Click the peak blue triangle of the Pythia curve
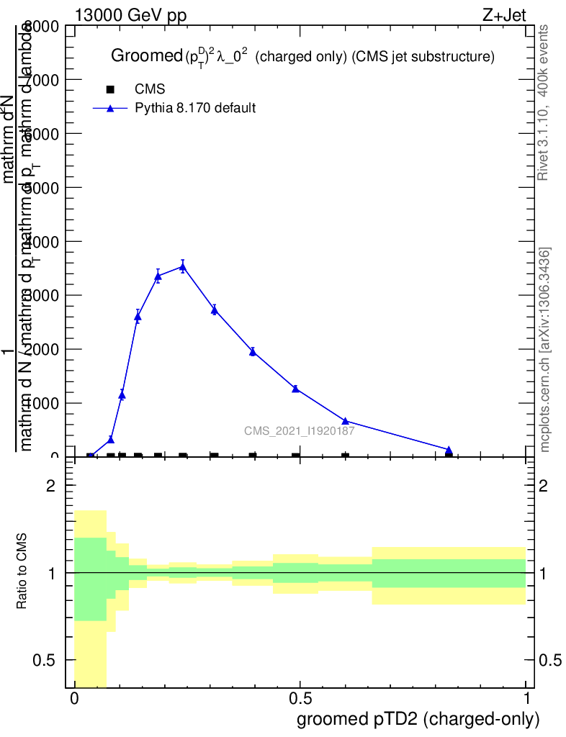182,266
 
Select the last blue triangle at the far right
449,451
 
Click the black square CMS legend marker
110,89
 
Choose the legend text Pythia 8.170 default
196,109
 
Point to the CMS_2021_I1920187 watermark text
299,431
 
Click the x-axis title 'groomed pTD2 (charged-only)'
417,719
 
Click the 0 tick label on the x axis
74,698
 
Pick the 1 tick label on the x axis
526,698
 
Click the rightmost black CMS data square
449,456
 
